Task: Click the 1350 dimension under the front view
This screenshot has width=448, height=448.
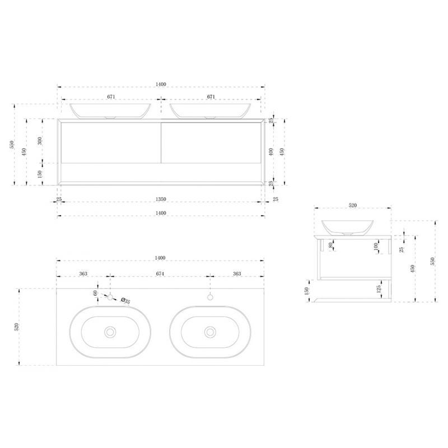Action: pyautogui.click(x=161, y=199)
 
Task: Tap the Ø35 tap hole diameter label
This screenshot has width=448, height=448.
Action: pyautogui.click(x=125, y=301)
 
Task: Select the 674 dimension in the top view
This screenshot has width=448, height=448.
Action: pyautogui.click(x=160, y=274)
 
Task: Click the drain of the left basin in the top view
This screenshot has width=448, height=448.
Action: pyautogui.click(x=110, y=332)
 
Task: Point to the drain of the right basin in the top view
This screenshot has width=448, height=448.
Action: pyautogui.click(x=210, y=332)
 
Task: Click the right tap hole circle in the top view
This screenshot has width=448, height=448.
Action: pyautogui.click(x=211, y=297)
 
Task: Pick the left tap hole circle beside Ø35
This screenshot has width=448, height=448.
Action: pyautogui.click(x=110, y=297)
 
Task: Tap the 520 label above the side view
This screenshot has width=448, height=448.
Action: pyautogui.click(x=353, y=205)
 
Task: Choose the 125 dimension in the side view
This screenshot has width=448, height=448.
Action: pyautogui.click(x=379, y=289)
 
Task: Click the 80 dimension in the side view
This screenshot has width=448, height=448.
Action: pyautogui.click(x=330, y=245)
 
